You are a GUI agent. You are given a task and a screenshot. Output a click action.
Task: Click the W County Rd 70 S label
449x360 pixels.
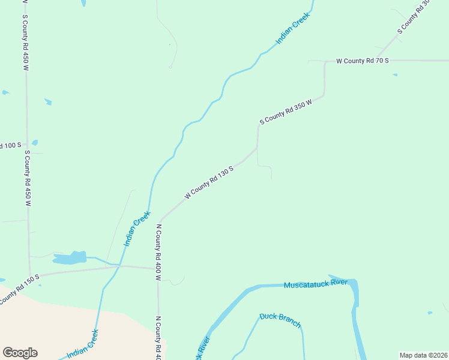[363, 61]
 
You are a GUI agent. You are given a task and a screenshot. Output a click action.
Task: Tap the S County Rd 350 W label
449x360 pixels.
[286, 112]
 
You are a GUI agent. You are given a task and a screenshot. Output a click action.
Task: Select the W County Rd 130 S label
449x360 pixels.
[208, 182]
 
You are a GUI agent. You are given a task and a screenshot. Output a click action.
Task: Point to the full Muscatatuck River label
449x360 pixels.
[316, 283]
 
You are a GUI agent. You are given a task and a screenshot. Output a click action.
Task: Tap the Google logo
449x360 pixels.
[20, 353]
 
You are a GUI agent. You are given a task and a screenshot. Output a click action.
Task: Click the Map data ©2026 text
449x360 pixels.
[423, 355]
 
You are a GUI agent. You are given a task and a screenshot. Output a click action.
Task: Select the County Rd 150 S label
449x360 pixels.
[18, 288]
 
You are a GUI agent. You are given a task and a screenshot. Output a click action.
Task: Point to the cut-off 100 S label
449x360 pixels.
[10, 145]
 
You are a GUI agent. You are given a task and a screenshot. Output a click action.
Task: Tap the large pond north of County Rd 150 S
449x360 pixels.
[70, 258]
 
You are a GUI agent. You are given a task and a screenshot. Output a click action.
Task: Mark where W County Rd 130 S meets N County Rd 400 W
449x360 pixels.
[160, 220]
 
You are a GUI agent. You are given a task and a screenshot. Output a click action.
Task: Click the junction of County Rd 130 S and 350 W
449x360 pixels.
[257, 148]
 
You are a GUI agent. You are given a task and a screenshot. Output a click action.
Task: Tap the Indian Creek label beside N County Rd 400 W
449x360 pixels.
[136, 229]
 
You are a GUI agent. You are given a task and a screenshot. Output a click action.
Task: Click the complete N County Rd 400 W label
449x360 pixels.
[158, 252]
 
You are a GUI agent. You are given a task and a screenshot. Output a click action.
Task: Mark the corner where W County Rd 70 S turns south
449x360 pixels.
[325, 62]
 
